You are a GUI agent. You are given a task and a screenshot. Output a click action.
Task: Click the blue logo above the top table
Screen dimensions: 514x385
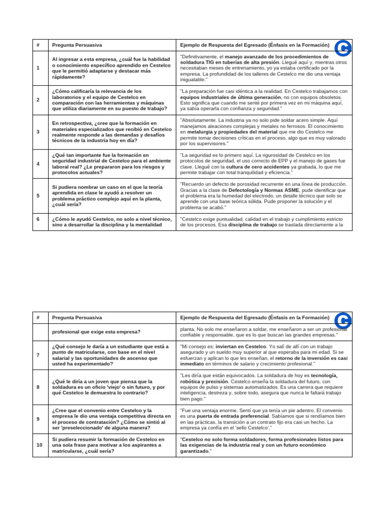(x=342, y=48)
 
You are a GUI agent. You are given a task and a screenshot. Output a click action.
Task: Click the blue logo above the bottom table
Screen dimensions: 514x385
(x=342, y=320)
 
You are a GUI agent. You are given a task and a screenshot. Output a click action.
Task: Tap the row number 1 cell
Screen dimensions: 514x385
(x=38, y=68)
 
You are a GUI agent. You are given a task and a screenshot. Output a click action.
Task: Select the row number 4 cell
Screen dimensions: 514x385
(x=38, y=164)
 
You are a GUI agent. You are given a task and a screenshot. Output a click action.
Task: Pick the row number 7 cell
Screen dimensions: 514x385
(x=38, y=355)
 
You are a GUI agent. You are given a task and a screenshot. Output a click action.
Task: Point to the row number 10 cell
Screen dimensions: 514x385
(x=38, y=445)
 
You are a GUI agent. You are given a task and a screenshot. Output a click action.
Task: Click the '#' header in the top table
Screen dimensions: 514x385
(x=38, y=45)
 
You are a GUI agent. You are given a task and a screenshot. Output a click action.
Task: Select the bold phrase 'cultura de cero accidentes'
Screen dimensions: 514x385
(x=258, y=167)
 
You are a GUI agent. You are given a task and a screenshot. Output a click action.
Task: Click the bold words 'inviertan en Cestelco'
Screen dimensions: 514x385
(x=241, y=346)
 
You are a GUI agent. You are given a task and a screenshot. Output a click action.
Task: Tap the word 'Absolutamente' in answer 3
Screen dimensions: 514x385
(x=199, y=120)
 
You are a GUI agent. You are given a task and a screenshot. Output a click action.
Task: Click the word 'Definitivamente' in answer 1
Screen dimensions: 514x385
(x=201, y=57)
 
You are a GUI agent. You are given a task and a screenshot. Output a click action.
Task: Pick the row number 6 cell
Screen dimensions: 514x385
(x=38, y=219)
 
